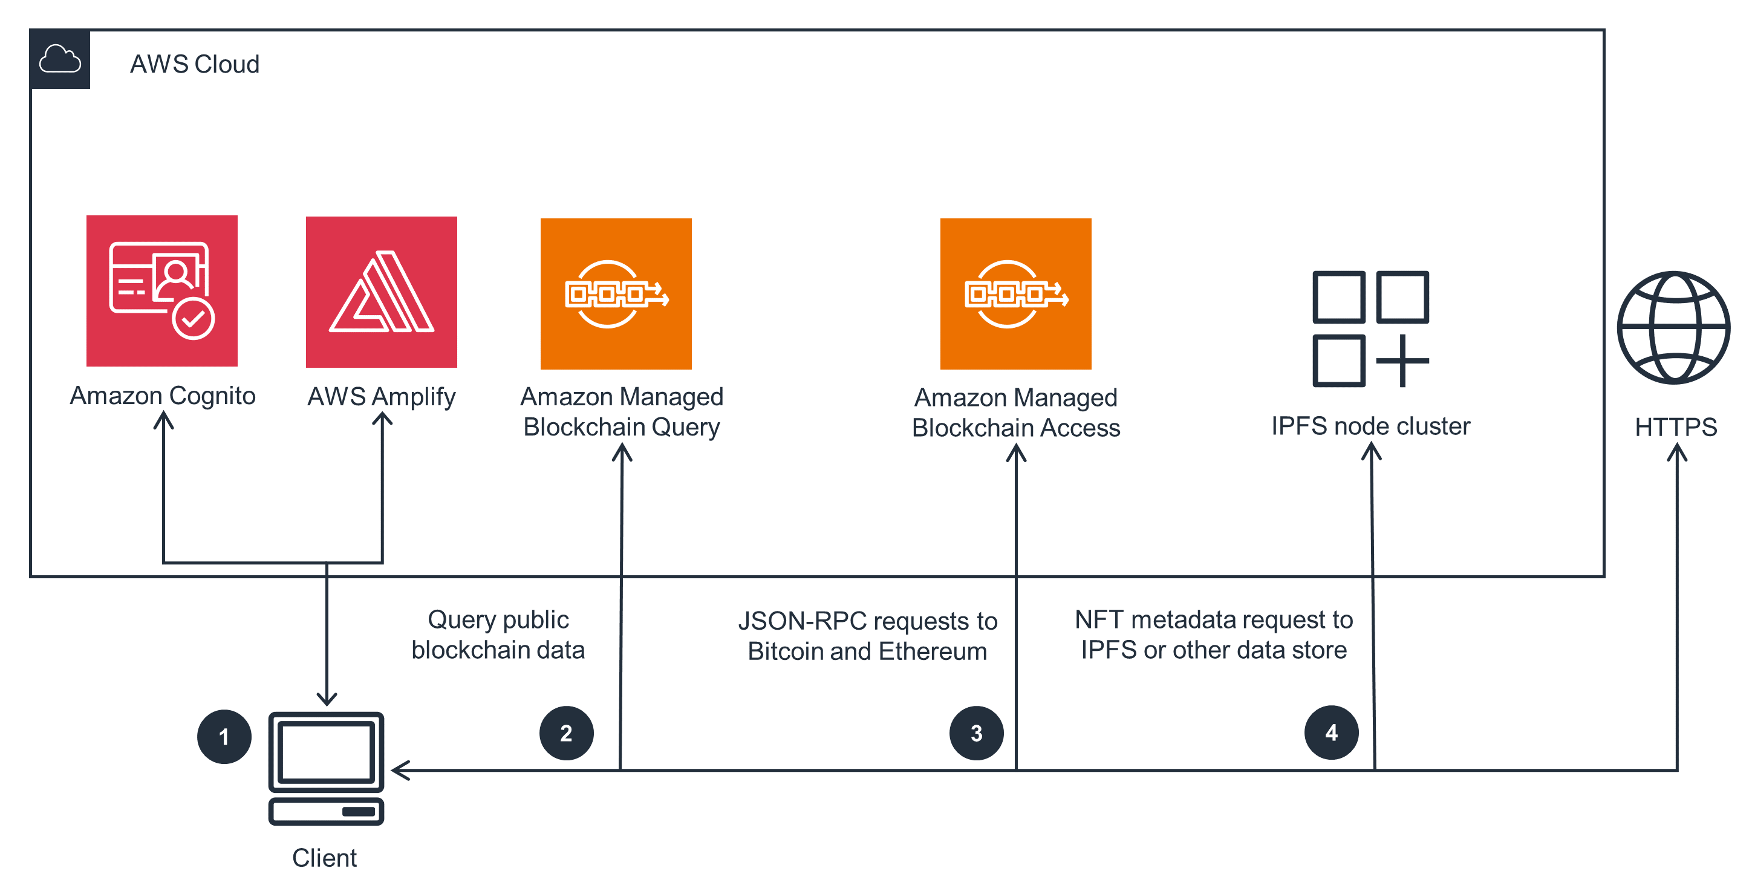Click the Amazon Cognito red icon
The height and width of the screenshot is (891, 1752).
162,291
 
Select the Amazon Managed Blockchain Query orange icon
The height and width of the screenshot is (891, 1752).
616,294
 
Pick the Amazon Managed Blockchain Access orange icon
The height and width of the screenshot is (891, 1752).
1015,294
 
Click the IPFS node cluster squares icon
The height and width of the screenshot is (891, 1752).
1370,329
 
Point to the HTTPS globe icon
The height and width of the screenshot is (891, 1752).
1673,328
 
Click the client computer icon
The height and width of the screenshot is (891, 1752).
327,768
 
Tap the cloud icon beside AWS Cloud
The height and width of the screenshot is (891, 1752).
60,59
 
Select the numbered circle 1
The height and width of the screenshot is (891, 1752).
224,737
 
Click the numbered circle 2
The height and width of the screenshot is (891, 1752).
566,733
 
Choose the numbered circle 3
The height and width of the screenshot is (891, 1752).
976,733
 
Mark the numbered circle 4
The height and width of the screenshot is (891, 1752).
1331,733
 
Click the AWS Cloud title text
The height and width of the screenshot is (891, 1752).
195,64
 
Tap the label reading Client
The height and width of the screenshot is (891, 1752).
324,858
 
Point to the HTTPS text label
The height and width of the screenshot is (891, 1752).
1676,427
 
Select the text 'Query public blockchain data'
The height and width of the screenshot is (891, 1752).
498,635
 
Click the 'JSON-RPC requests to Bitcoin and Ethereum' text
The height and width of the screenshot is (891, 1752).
867,636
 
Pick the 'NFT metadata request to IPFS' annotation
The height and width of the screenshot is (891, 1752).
1213,635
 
